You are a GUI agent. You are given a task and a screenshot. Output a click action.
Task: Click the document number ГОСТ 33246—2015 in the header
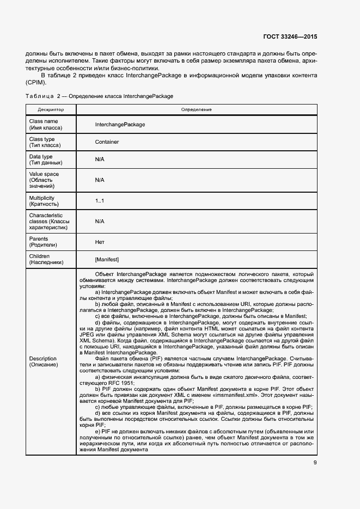pyautogui.click(x=290, y=36)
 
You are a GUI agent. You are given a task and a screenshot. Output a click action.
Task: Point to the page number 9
pyautogui.click(x=315, y=463)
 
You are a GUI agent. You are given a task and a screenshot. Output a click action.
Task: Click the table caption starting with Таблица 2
pyautogui.click(x=99, y=96)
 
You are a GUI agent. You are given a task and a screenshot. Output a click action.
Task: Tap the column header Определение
pyautogui.click(x=196, y=109)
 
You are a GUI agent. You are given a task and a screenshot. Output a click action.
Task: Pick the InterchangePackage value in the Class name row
pyautogui.click(x=120, y=124)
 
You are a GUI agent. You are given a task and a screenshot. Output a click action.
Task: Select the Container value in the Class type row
pyautogui.click(x=107, y=142)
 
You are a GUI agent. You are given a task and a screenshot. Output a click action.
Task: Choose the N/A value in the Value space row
pyautogui.click(x=99, y=180)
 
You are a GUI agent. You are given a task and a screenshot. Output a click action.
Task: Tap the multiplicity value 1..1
pyautogui.click(x=99, y=201)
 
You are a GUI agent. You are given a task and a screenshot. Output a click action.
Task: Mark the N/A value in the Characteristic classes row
pyautogui.click(x=99, y=222)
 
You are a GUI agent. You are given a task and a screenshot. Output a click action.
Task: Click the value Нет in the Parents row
pyautogui.click(x=100, y=242)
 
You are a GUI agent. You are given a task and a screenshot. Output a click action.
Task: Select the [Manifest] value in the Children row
pyautogui.click(x=107, y=259)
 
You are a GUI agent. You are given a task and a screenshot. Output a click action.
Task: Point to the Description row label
pyautogui.click(x=43, y=361)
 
